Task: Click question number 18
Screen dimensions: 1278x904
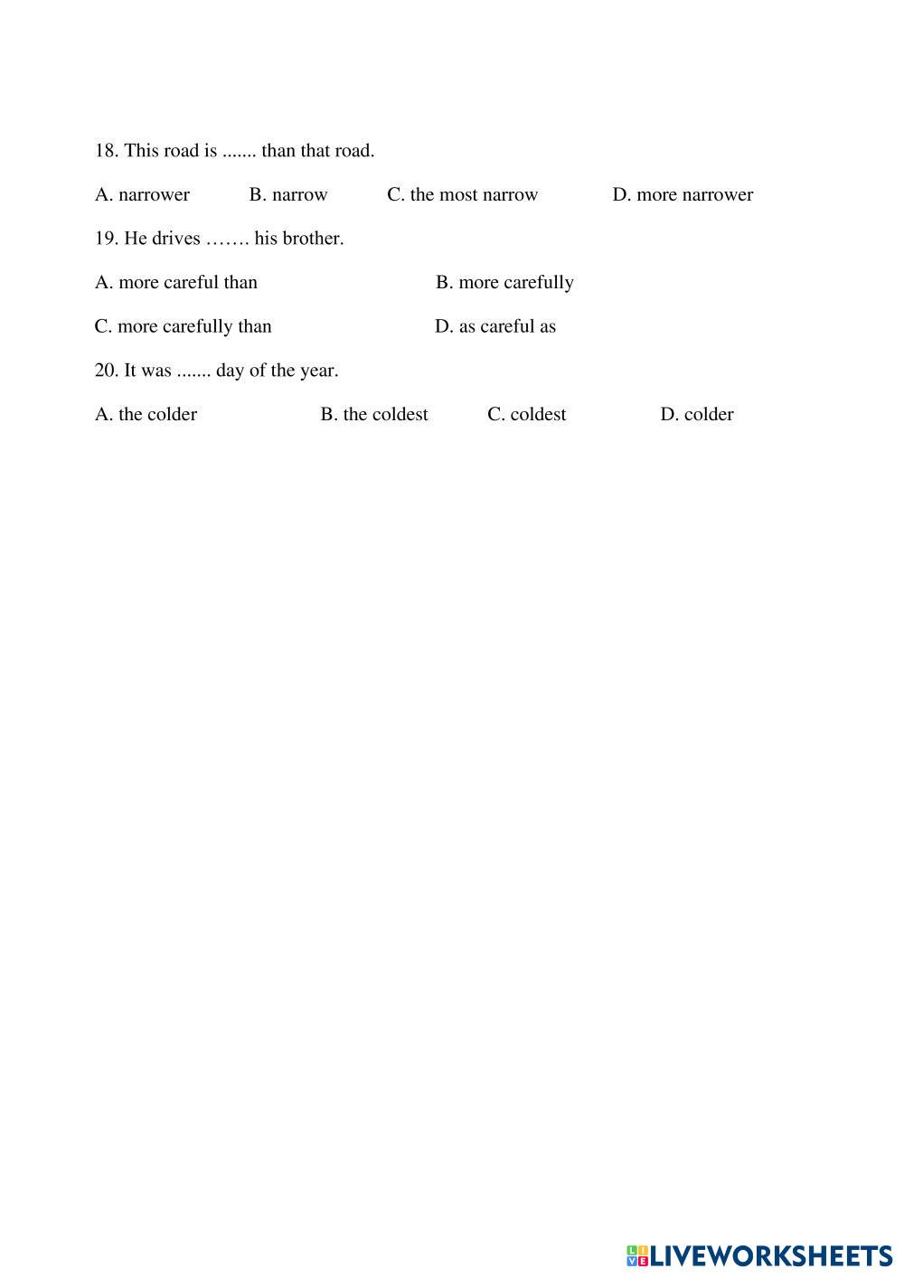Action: pos(107,151)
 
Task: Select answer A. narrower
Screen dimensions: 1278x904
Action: pos(143,195)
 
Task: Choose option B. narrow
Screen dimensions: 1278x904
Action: pos(288,195)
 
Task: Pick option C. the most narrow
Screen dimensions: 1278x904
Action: pos(463,195)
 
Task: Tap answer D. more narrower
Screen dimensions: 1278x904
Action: pos(683,195)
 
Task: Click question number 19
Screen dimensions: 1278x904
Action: pos(107,240)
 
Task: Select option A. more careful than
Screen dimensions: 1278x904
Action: pos(176,283)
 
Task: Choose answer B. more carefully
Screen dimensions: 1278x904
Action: pos(504,283)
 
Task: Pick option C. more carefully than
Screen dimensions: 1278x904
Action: pos(184,327)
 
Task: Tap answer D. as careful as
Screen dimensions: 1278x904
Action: pos(495,327)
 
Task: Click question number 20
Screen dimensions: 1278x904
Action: pos(107,371)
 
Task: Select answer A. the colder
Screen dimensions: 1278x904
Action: pos(146,415)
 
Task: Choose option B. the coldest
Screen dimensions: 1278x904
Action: pos(374,415)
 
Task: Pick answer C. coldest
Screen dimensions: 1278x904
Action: pos(527,415)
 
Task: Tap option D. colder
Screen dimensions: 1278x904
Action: pos(697,415)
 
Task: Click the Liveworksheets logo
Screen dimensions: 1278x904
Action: pos(758,1255)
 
